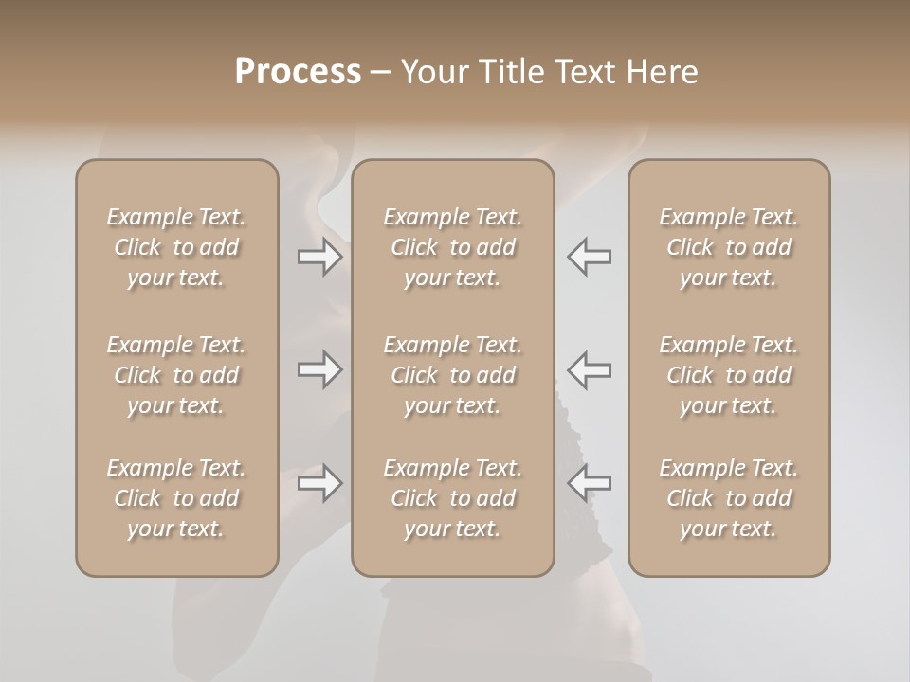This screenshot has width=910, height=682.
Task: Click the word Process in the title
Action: click(x=298, y=72)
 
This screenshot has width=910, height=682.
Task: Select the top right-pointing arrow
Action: click(x=319, y=257)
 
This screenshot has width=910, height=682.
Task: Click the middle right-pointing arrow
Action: click(x=319, y=369)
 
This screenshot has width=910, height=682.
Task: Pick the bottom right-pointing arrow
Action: click(x=319, y=483)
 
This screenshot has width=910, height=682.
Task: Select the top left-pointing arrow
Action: click(x=590, y=257)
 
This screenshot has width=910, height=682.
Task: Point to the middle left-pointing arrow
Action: click(x=590, y=369)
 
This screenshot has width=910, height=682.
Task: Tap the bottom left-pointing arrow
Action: click(x=590, y=483)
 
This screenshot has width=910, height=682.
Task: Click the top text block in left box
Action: click(x=176, y=247)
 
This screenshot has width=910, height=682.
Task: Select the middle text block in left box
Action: click(x=176, y=375)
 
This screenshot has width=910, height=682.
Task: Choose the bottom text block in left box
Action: click(x=176, y=498)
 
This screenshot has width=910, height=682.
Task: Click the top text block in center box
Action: click(x=452, y=247)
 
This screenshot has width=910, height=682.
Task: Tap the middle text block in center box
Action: click(x=452, y=375)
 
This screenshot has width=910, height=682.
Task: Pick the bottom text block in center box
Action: click(x=452, y=498)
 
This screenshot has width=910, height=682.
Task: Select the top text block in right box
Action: click(x=729, y=247)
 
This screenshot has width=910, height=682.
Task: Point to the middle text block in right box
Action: click(x=729, y=375)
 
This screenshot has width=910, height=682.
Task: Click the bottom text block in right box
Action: click(x=729, y=498)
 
